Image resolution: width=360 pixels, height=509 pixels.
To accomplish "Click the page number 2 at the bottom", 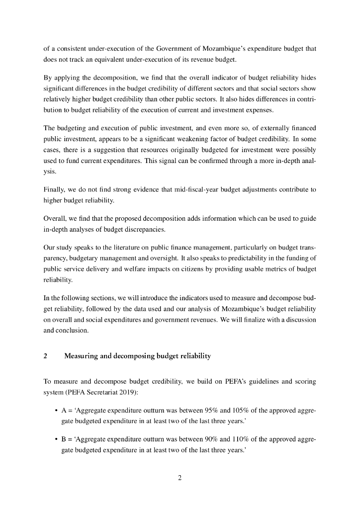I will [x=180, y=478].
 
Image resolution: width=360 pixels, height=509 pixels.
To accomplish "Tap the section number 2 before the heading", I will [x=45, y=356].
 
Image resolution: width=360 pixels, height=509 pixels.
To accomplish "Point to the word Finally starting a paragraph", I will [x=55, y=189].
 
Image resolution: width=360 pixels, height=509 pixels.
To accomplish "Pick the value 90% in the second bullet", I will [x=212, y=439].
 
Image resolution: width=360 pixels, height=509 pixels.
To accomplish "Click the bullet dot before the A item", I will [x=55, y=411].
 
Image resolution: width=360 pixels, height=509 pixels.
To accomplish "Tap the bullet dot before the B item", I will [x=55, y=439].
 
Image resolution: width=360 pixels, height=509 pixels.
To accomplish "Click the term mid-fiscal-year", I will [x=178, y=189].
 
